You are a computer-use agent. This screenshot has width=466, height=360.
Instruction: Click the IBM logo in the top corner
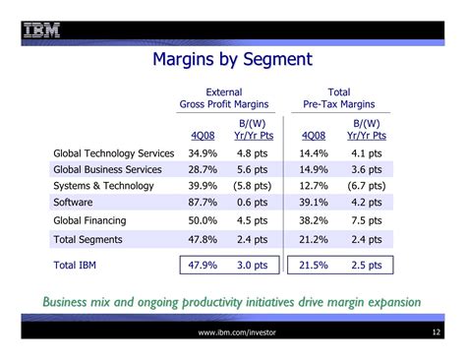(x=39, y=28)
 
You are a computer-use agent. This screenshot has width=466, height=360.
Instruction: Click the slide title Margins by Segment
(x=232, y=59)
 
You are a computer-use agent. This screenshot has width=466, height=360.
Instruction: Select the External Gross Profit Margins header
(x=224, y=98)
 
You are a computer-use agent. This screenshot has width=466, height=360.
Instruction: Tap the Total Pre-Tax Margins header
(x=339, y=98)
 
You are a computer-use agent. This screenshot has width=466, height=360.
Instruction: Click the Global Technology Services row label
(x=113, y=153)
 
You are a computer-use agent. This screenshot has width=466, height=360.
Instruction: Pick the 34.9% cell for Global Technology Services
(x=202, y=153)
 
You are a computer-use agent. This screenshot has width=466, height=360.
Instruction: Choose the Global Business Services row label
(x=106, y=169)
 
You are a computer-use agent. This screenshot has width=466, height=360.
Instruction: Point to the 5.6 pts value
(x=252, y=169)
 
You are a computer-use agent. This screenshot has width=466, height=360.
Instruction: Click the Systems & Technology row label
(x=102, y=186)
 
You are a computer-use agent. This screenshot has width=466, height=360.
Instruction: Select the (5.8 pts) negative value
(x=254, y=186)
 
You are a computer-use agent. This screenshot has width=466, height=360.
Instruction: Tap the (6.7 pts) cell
(x=366, y=186)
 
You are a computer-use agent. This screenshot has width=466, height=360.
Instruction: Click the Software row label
(x=75, y=203)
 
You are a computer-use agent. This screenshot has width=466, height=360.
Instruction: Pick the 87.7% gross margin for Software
(x=202, y=203)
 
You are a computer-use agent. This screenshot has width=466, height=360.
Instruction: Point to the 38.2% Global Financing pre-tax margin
(x=314, y=220)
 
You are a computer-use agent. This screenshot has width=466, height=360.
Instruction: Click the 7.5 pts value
(x=366, y=220)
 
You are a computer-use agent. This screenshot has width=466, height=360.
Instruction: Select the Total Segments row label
(x=87, y=238)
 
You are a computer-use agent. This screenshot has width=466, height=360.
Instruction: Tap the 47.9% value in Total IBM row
(x=202, y=265)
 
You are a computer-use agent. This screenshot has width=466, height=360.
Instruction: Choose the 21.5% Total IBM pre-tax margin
(x=314, y=265)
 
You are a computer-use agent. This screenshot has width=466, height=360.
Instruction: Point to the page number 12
(x=435, y=334)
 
